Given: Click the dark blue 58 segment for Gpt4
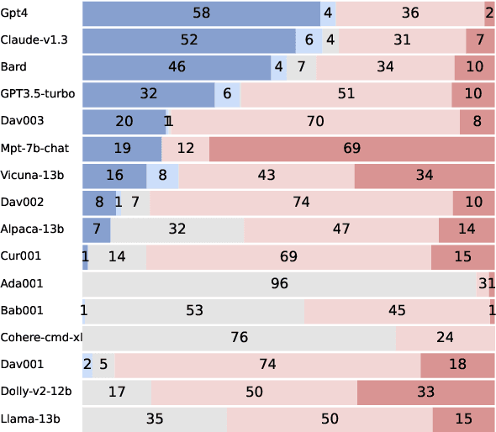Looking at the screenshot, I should pyautogui.click(x=202, y=13).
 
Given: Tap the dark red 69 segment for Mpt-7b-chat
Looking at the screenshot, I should pyautogui.click(x=351, y=149).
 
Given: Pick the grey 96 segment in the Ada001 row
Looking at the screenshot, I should pyautogui.click(x=281, y=284).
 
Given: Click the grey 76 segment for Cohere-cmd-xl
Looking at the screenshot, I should pyautogui.click(x=240, y=338).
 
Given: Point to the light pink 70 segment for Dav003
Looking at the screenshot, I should pyautogui.click(x=315, y=122).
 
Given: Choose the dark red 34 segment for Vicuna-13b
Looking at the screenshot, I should pyautogui.click(x=425, y=176).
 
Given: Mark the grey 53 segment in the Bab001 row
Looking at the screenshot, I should pyautogui.click(x=195, y=311).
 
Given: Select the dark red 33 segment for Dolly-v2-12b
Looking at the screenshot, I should pyautogui.click(x=426, y=392).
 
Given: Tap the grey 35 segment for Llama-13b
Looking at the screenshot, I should pyautogui.click(x=155, y=419).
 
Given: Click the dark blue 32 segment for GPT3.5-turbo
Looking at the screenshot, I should pyautogui.click(x=149, y=94).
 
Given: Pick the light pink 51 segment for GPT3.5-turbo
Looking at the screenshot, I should pyautogui.click(x=346, y=94).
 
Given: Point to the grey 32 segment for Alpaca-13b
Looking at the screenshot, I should pyautogui.click(x=177, y=229).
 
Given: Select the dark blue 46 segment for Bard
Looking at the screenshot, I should pyautogui.click(x=177, y=67).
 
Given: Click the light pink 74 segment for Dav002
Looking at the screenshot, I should pyautogui.click(x=302, y=203).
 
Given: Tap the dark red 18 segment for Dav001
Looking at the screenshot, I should pyautogui.click(x=458, y=365).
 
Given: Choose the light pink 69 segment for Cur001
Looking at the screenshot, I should pyautogui.click(x=289, y=256).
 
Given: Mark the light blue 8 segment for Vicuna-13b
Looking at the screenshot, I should pyautogui.click(x=163, y=176).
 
